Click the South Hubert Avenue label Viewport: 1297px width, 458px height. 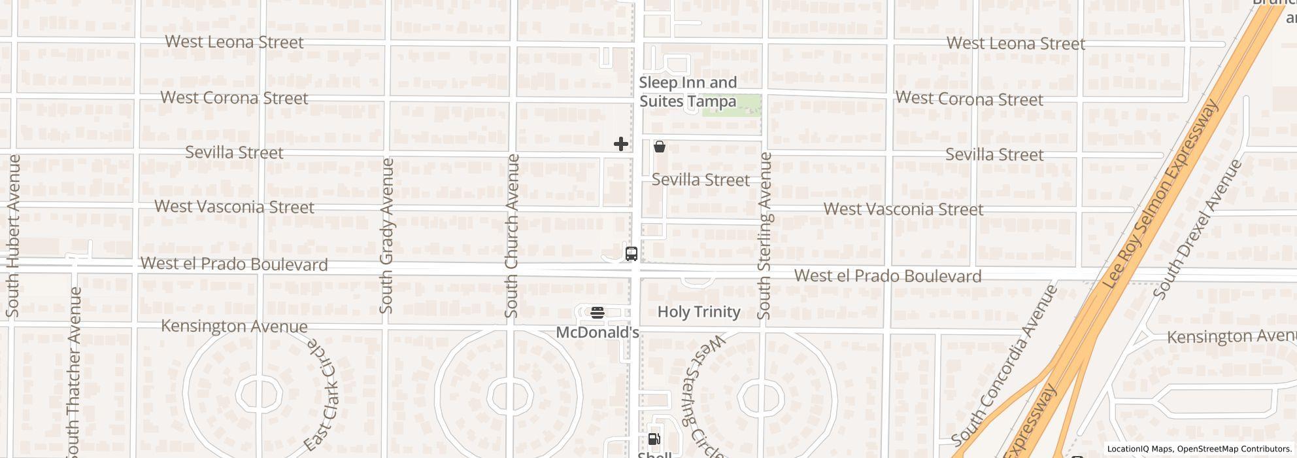(x=12, y=236)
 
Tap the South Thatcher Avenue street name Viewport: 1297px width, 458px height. (x=74, y=372)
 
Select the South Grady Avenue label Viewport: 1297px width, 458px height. (x=386, y=236)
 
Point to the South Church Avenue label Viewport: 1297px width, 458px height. (x=512, y=236)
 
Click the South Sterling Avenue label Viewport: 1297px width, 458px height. (x=764, y=236)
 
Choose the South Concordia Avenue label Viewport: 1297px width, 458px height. (x=1004, y=365)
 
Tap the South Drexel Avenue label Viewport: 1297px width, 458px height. (x=1198, y=229)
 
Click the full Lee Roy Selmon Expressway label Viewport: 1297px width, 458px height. (x=1160, y=194)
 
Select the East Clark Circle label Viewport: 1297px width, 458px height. (x=321, y=395)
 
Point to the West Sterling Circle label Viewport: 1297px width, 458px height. (x=705, y=396)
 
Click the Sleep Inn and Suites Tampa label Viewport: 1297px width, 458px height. (x=688, y=92)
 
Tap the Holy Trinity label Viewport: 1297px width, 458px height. (x=699, y=311)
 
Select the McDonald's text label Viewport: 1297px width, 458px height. (x=597, y=332)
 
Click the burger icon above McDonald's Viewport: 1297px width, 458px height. (x=597, y=313)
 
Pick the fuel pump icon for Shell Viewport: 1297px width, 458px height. (x=654, y=438)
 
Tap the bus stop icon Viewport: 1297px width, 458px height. (x=632, y=254)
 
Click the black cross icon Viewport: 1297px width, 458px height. (x=621, y=144)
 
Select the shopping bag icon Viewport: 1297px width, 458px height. (x=660, y=147)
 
